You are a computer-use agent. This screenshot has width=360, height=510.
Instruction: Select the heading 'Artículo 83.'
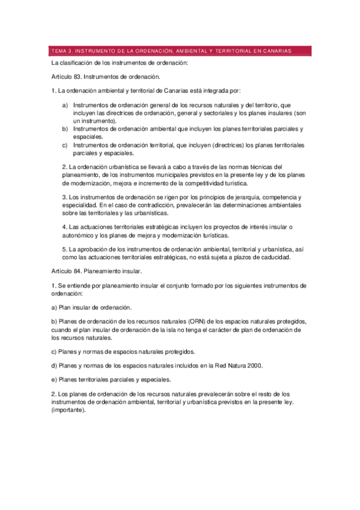click(x=69, y=77)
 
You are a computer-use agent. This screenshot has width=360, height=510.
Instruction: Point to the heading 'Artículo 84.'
click(x=69, y=272)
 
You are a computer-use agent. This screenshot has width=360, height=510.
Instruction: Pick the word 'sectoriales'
click(x=198, y=113)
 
